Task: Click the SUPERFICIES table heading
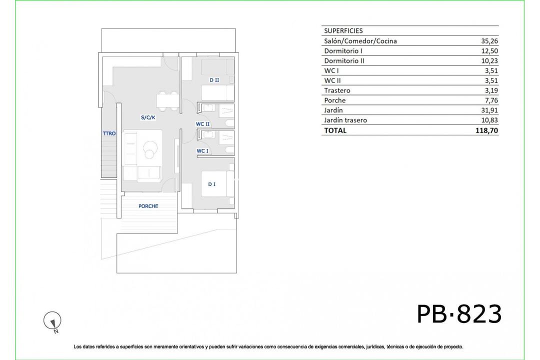343,31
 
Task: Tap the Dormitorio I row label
343,51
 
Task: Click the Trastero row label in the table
337,90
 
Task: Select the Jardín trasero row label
345,120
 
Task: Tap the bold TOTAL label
335,130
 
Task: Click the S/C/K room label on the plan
148,118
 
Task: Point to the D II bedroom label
214,80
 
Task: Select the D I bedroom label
212,184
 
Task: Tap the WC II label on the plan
202,124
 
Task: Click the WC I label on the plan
202,151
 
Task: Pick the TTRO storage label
109,133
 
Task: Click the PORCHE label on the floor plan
148,206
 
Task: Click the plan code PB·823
459,314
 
